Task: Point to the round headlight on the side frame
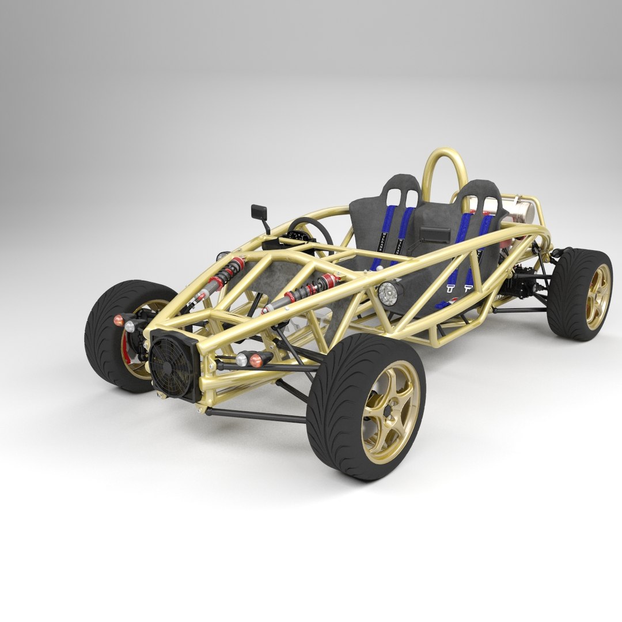click(x=389, y=294)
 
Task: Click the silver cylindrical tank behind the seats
click(x=521, y=210)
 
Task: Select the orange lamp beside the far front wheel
click(x=118, y=320)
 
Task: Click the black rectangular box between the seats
click(x=435, y=235)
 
